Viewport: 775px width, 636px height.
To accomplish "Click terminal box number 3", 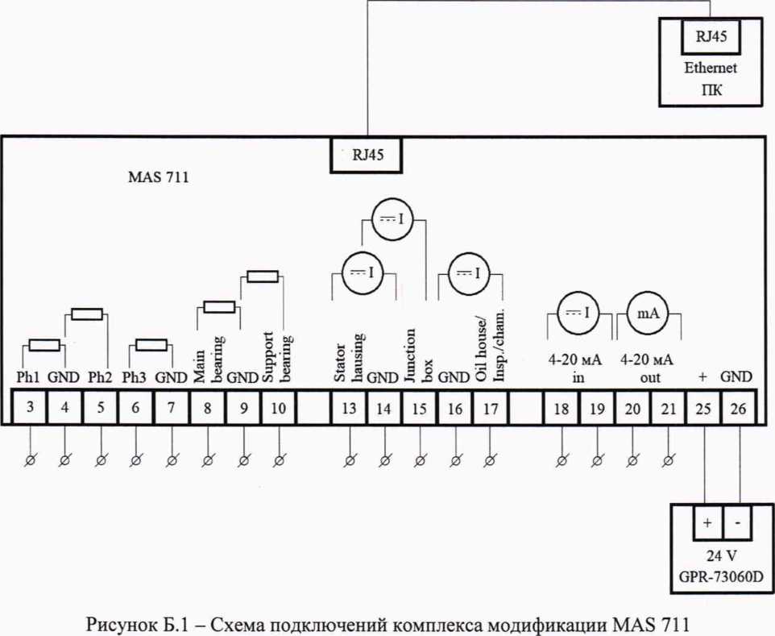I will tap(30, 409).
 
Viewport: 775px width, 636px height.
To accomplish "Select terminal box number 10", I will tap(279, 409).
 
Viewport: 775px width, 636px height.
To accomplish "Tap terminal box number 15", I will tap(420, 409).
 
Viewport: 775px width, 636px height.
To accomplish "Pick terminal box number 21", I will tap(668, 409).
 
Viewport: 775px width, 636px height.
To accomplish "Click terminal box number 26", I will tap(739, 409).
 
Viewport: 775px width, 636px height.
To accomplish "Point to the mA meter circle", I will tap(649, 314).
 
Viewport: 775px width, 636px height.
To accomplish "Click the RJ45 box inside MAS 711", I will tap(367, 156).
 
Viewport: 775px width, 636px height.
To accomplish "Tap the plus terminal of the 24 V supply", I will tap(706, 523).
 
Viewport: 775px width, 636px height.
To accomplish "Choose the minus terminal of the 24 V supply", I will tap(739, 523).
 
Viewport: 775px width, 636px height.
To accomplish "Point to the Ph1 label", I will tap(29, 376).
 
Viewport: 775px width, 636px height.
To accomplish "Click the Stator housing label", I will tap(349, 357).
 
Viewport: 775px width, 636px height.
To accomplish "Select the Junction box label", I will tap(420, 355).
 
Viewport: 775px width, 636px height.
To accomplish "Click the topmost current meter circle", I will tap(392, 218).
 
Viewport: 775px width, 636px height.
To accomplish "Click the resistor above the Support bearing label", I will tap(262, 276).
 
